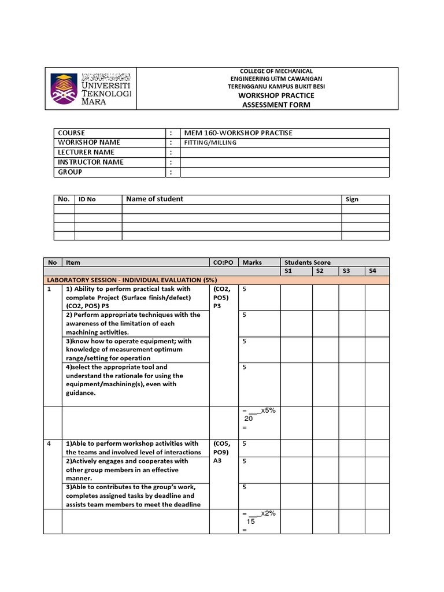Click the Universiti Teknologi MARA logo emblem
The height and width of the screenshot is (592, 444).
click(65, 88)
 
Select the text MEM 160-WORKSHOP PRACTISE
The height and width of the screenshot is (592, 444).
click(237, 133)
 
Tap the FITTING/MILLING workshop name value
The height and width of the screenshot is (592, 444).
click(210, 143)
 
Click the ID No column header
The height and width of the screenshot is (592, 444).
click(87, 199)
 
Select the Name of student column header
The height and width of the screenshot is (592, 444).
click(154, 199)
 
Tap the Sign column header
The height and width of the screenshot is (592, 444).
click(351, 199)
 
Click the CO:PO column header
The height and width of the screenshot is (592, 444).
click(223, 262)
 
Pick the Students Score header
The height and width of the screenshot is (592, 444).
click(307, 262)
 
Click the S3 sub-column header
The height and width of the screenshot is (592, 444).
click(347, 271)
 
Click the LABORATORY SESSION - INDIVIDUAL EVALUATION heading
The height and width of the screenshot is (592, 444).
click(127, 280)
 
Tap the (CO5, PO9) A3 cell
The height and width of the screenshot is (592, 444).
click(222, 453)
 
